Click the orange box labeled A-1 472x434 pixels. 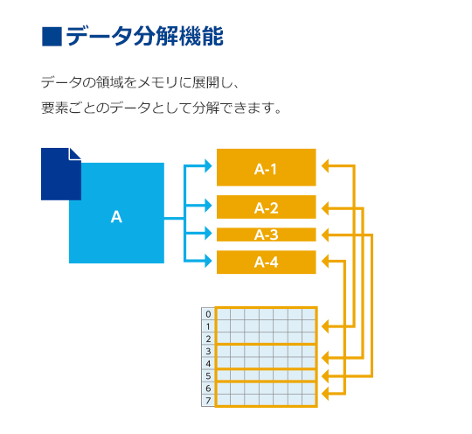coord(266,167)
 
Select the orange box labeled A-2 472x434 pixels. coord(266,206)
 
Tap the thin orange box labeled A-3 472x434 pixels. coord(266,234)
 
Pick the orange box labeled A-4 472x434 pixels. coord(266,262)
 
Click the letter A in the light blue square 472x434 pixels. coord(116,217)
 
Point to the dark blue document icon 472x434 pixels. coord(61,174)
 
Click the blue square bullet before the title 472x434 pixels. coord(52,37)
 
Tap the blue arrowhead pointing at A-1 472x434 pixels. coord(209,165)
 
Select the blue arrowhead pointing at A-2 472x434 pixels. coord(209,206)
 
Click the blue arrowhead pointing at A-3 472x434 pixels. coord(209,234)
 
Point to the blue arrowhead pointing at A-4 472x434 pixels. coord(209,261)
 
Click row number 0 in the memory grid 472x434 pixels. coord(208,314)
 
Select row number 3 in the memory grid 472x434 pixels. coord(208,352)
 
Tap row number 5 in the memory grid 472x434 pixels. coord(208,376)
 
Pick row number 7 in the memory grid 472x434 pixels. coord(208,401)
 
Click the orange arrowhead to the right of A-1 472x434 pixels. coord(325,165)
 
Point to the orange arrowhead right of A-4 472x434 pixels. coord(325,261)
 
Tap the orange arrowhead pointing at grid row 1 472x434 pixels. coord(325,326)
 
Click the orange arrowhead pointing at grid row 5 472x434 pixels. coord(325,376)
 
